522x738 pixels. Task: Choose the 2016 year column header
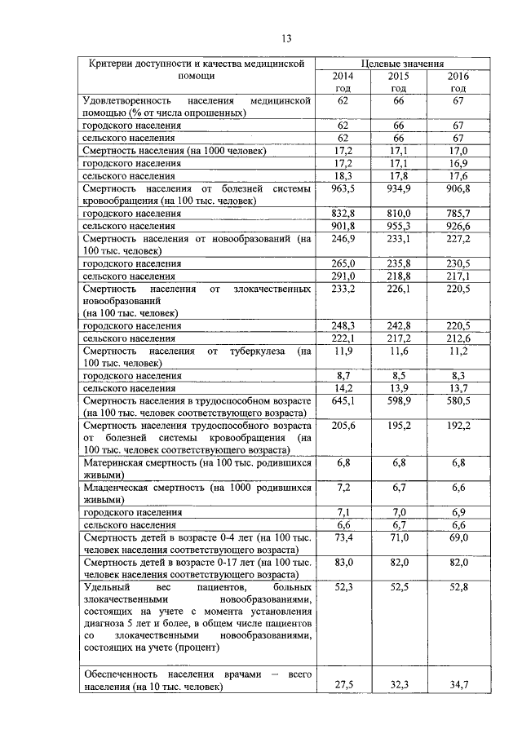click(x=458, y=82)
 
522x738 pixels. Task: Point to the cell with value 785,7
click(x=458, y=213)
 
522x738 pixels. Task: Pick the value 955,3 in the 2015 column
click(x=399, y=225)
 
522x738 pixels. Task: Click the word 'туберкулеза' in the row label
click(x=256, y=351)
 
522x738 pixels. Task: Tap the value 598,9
click(x=399, y=401)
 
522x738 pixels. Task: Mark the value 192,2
click(x=458, y=426)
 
